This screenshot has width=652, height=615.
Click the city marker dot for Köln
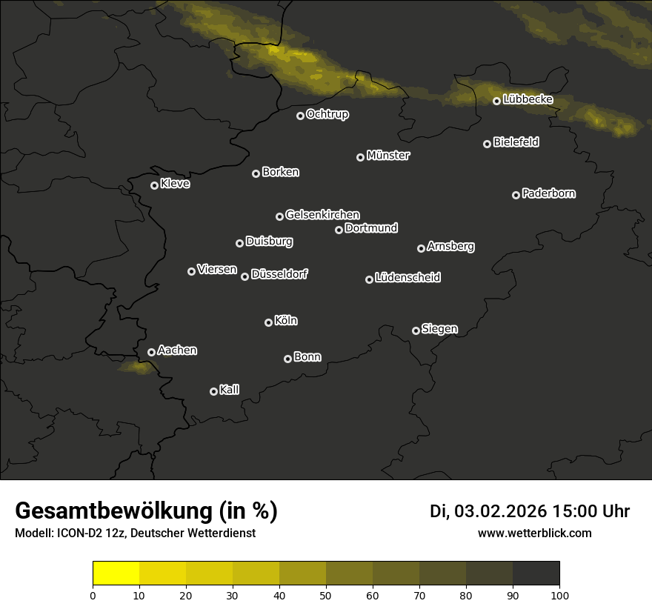[x=268, y=322]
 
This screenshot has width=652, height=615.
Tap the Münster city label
[x=387, y=156]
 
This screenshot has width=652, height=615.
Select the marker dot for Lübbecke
[x=496, y=101]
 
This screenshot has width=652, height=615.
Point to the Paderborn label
[x=548, y=193]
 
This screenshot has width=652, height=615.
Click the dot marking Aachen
[x=151, y=352]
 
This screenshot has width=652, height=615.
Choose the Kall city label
[x=229, y=390]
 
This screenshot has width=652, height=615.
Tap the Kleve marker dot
[x=154, y=185]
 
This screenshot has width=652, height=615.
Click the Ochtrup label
[x=327, y=114]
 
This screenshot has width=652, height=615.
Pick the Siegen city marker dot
[x=416, y=330]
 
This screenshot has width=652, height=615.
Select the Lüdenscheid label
[x=408, y=278]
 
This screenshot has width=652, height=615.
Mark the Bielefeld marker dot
[x=487, y=144]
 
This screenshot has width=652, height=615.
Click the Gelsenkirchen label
[x=322, y=215]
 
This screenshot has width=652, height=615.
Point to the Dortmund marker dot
[x=339, y=230]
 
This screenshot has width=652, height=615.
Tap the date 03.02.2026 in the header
[x=500, y=511]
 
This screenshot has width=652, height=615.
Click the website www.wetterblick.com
[x=534, y=533]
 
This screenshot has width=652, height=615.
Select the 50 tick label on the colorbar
[x=326, y=595]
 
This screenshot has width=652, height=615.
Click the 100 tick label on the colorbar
[x=559, y=595]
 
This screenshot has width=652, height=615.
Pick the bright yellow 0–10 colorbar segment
[x=116, y=574]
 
